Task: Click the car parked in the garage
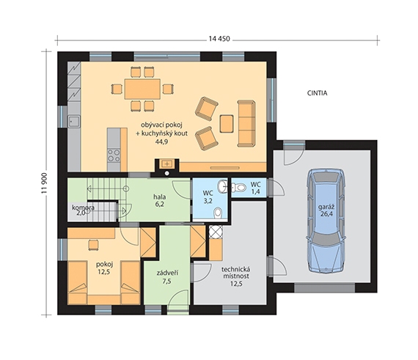click(x=326, y=221)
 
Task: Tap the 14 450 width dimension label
click(x=219, y=39)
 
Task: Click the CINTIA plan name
click(x=317, y=93)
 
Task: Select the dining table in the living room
click(x=142, y=89)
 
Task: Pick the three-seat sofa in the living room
click(x=246, y=123)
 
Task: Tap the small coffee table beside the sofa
click(x=227, y=124)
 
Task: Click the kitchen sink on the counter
click(x=74, y=122)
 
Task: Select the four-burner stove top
click(x=114, y=155)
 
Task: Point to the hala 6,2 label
click(x=159, y=200)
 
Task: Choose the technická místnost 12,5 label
click(x=236, y=276)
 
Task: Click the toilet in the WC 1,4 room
click(x=238, y=187)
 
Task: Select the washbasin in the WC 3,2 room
click(x=221, y=186)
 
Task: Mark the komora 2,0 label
click(x=83, y=210)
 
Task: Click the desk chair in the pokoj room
click(x=93, y=245)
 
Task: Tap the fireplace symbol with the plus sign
click(x=167, y=164)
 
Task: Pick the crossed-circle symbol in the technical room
click(x=216, y=231)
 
